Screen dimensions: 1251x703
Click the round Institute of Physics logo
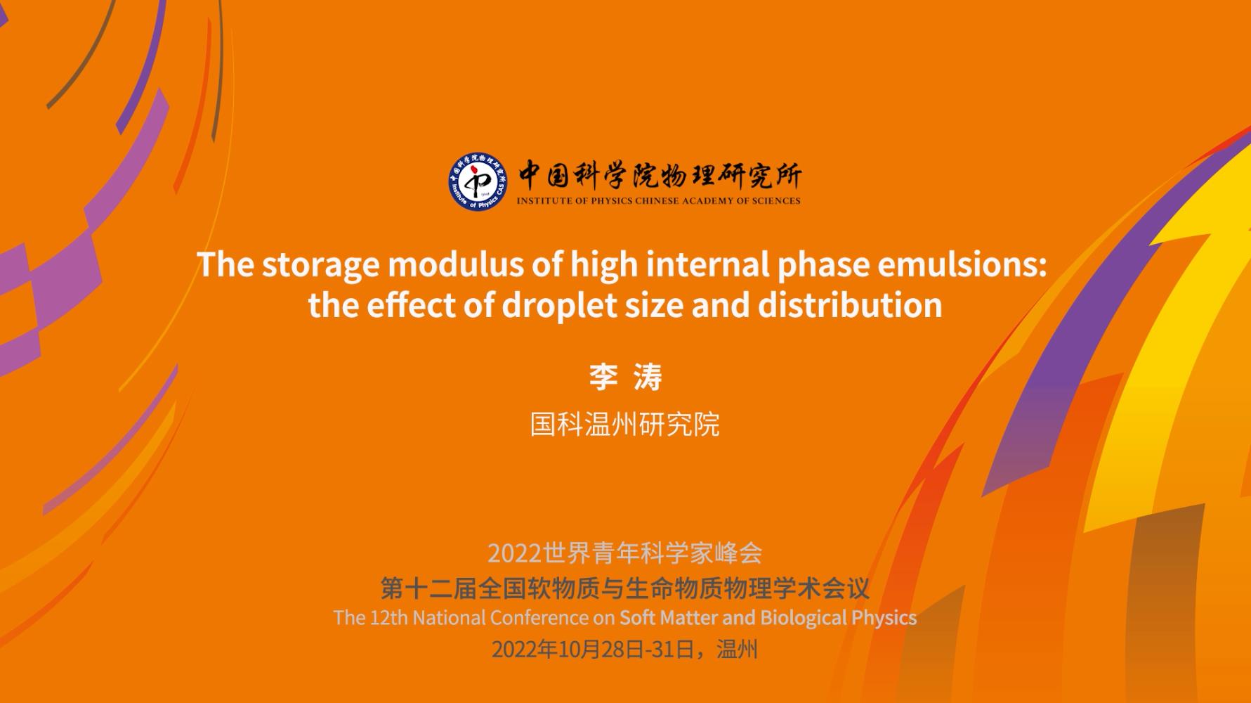coord(478,181)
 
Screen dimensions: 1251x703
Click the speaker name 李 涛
coord(625,378)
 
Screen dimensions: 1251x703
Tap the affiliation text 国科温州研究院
coord(625,424)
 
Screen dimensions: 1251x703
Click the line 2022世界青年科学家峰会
coord(625,553)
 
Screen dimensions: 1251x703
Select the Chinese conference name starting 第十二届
coord(625,588)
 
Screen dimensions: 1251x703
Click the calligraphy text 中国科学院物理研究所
coord(660,176)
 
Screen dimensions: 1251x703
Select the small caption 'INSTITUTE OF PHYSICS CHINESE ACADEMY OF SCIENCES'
coord(659,201)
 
